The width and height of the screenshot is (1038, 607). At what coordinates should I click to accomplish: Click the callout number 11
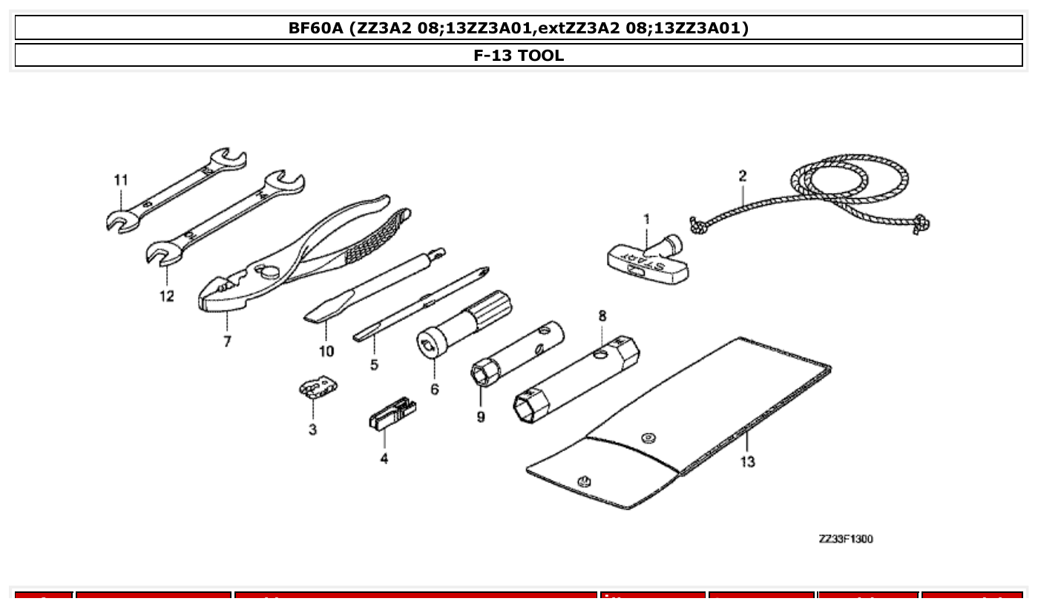120,180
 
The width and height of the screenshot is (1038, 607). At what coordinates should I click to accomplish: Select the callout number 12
166,296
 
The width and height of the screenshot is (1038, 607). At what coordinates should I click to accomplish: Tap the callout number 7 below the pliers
227,342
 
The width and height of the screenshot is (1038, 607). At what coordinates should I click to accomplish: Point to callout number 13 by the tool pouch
747,462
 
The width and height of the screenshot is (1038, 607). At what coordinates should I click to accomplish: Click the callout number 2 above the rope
742,176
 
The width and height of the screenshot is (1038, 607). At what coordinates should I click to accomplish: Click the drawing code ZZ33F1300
845,539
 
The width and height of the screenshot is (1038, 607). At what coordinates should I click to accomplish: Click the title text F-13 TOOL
519,55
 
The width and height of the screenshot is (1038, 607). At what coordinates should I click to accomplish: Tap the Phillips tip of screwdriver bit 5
483,272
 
